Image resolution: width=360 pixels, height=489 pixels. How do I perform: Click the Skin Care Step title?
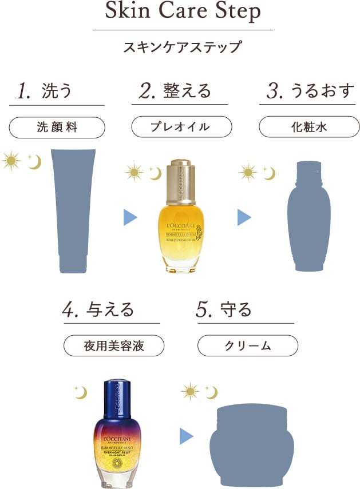183,12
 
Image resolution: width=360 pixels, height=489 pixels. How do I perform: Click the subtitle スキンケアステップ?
183,46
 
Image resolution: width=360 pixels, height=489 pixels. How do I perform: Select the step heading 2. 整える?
175,90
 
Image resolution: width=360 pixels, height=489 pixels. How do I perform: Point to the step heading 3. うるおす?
310,91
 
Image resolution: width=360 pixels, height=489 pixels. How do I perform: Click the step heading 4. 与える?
98,309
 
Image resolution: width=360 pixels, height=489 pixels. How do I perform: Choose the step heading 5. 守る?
224,309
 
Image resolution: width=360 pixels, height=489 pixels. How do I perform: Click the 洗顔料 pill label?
57,128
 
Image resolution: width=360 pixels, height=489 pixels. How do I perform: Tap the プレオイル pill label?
181,127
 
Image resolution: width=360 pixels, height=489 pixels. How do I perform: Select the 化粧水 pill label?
309,127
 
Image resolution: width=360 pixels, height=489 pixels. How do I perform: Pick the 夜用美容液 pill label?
113,346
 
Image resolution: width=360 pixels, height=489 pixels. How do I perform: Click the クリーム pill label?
247,346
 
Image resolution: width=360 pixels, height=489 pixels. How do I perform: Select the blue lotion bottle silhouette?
309,216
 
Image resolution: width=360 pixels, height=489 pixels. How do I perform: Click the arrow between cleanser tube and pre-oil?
130,217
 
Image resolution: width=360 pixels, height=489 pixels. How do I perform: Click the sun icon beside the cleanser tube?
10,161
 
